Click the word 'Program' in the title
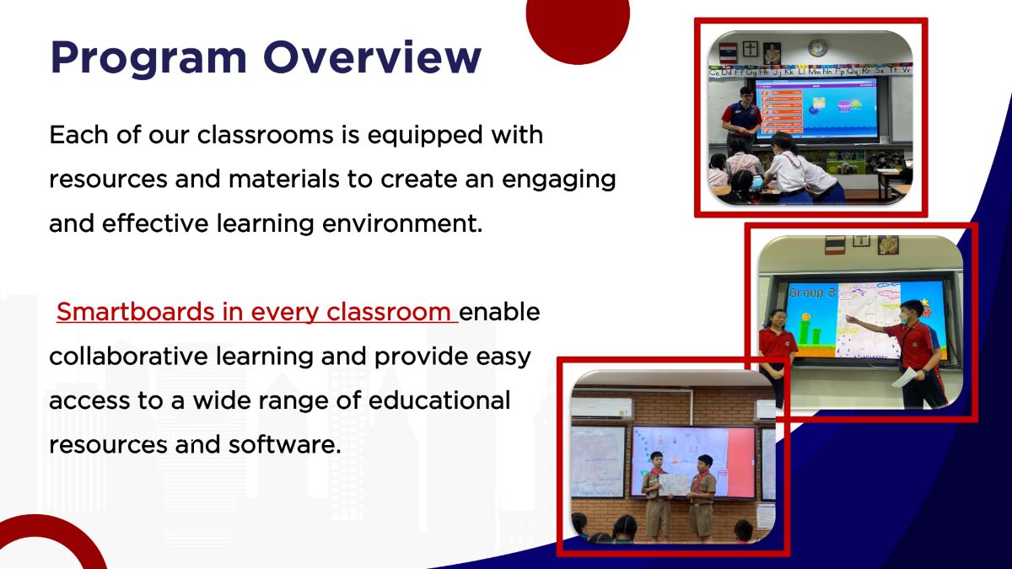pos(148,57)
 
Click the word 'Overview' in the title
pos(372,57)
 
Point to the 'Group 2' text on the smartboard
pos(810,293)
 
